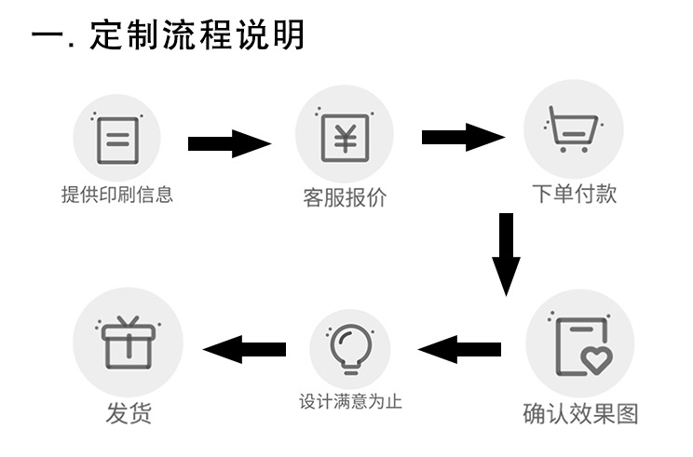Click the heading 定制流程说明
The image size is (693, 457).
pyautogui.click(x=168, y=36)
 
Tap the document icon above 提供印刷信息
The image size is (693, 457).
pyautogui.click(x=117, y=140)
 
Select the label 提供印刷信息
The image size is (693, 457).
pyautogui.click(x=117, y=195)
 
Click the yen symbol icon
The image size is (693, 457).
pyautogui.click(x=345, y=137)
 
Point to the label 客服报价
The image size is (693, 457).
pyautogui.click(x=345, y=198)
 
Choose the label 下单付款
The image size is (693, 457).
pyautogui.click(x=574, y=194)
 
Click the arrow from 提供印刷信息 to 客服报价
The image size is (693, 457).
pyautogui.click(x=229, y=143)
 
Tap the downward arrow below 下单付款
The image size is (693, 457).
pyautogui.click(x=506, y=253)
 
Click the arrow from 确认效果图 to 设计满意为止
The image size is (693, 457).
pyautogui.click(x=460, y=350)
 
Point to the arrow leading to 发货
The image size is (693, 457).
pyautogui.click(x=244, y=350)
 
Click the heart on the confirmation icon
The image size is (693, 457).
pyautogui.click(x=597, y=358)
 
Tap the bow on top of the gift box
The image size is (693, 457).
pyautogui.click(x=128, y=322)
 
